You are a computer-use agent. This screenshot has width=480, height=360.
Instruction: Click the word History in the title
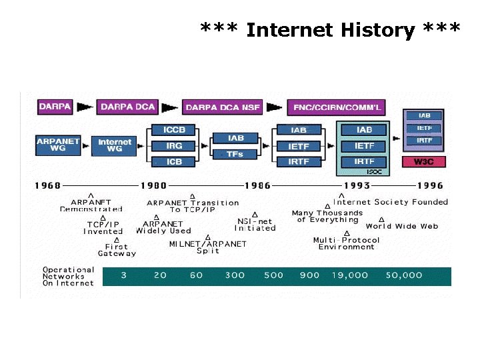(x=378, y=30)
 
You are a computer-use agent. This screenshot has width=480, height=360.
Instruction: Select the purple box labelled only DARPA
(x=55, y=106)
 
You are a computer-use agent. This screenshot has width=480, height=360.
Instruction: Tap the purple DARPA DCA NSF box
(x=223, y=107)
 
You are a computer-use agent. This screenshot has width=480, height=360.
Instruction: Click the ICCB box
(x=173, y=129)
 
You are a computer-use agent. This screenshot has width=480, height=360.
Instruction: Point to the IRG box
(x=173, y=145)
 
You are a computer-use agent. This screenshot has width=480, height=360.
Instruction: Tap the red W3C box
(x=425, y=161)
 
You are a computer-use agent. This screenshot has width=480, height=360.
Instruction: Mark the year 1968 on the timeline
(x=47, y=185)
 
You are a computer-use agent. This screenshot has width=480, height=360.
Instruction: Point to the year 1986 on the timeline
(x=257, y=185)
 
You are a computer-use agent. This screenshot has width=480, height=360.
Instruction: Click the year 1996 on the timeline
(x=429, y=185)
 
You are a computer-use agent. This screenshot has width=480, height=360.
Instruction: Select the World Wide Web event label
(x=401, y=227)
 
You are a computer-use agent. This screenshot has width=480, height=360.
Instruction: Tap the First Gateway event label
(x=117, y=250)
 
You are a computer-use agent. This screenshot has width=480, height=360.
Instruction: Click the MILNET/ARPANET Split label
(x=207, y=247)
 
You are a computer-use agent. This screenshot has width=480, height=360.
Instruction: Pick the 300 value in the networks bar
(x=235, y=275)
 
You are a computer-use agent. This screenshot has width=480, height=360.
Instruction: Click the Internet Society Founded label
(x=391, y=202)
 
